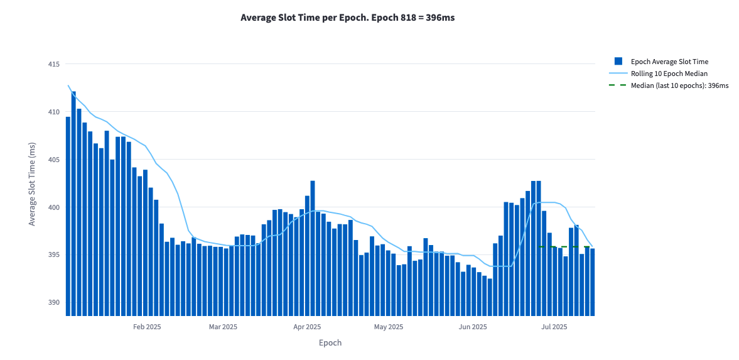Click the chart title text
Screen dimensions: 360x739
tap(347, 18)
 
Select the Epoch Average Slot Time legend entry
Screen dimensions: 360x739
tap(669, 62)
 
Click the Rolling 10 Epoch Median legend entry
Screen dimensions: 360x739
tap(669, 74)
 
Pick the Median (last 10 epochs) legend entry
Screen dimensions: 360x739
tap(679, 85)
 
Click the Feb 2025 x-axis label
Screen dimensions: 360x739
tap(147, 327)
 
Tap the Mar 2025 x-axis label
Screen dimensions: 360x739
tap(223, 327)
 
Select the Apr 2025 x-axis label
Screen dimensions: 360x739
tap(307, 327)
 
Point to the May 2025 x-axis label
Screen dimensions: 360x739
tap(389, 327)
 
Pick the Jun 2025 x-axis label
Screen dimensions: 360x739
tap(473, 327)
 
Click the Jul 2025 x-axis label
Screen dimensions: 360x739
tap(554, 327)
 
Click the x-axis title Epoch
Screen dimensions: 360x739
tap(330, 343)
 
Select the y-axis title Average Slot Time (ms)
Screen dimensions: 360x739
tap(32, 183)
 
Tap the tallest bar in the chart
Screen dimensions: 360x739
tap(73, 201)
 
